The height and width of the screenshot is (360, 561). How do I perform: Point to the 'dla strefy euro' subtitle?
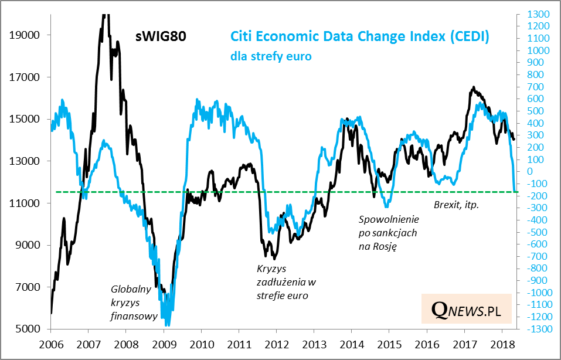tap(270, 57)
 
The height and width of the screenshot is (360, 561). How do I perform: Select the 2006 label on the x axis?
tap(51, 344)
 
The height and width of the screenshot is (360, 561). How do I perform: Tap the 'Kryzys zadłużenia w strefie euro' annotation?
tap(283, 283)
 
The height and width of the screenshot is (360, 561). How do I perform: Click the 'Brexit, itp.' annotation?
tap(457, 205)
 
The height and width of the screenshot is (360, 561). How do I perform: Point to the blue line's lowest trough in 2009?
tap(168, 324)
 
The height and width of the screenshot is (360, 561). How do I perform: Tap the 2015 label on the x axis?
tap(390, 344)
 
